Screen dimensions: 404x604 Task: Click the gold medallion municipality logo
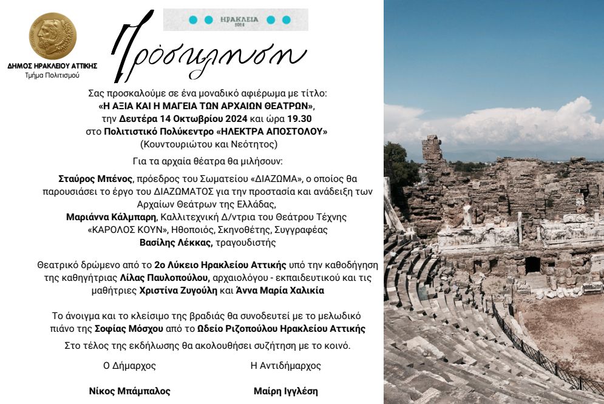(52, 36)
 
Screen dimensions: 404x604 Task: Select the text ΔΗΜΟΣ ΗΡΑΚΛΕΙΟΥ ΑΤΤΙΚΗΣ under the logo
(52, 66)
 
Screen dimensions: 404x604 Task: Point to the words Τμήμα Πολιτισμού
(52, 76)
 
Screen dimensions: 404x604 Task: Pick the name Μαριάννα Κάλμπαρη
(109, 216)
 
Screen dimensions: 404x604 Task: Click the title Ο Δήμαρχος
(129, 366)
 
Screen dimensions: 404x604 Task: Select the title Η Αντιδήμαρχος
(285, 366)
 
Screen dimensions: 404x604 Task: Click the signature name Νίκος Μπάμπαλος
(129, 391)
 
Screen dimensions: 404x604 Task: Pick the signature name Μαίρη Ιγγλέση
(285, 391)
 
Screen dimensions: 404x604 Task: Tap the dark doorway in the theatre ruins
(532, 265)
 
